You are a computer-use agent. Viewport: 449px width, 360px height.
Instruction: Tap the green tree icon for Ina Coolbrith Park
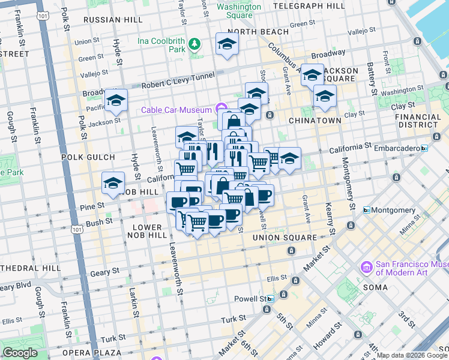pyautogui.click(x=194, y=44)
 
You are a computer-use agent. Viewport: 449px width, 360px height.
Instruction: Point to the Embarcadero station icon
pyautogui.click(x=425, y=148)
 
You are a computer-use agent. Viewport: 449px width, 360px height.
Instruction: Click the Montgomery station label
pyautogui.click(x=393, y=210)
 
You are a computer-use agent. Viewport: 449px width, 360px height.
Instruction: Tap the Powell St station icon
pyautogui.click(x=271, y=298)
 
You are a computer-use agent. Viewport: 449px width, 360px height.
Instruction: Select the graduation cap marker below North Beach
pyautogui.click(x=227, y=43)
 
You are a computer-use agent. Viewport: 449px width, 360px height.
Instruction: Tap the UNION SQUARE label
pyautogui.click(x=284, y=238)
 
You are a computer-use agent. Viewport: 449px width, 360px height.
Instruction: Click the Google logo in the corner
pyautogui.click(x=20, y=353)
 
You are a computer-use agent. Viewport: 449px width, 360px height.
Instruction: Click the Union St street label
pyautogui.click(x=87, y=41)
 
